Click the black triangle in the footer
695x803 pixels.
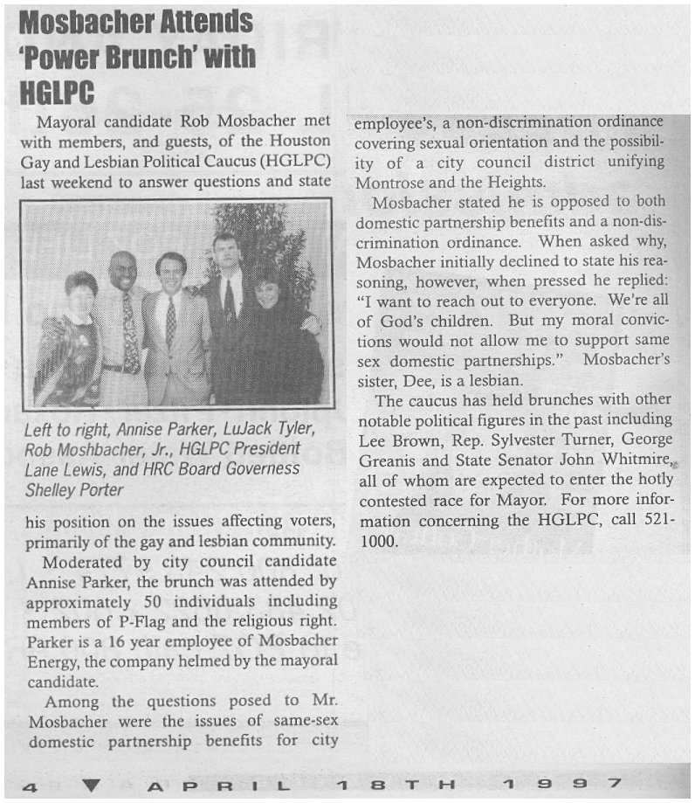93,786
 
